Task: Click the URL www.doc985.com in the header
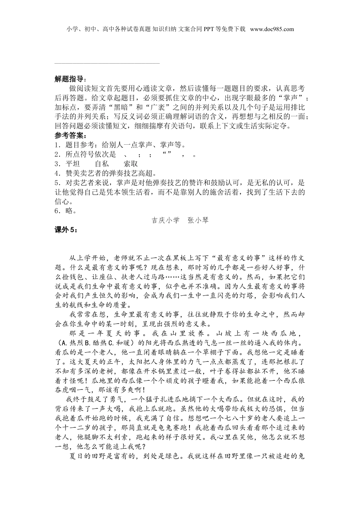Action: [272, 29]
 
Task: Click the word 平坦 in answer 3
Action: [72, 164]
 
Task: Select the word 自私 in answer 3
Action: [102, 164]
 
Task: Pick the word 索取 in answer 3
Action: [131, 164]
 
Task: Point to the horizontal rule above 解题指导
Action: [107, 63]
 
